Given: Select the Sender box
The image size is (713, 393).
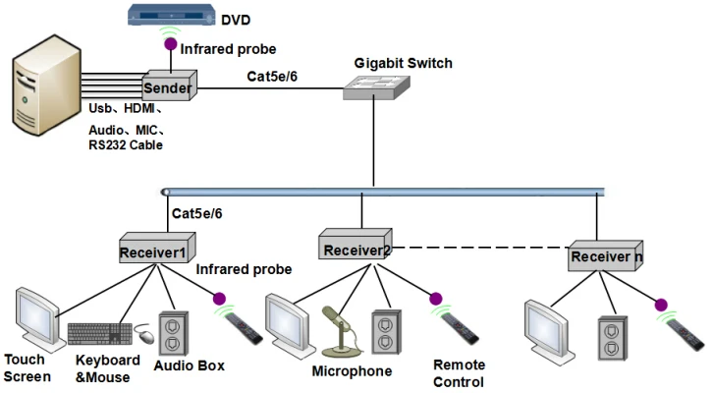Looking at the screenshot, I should (x=168, y=86).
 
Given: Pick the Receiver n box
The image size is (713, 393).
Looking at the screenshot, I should (x=605, y=256).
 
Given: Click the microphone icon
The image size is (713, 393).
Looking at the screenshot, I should (x=337, y=329).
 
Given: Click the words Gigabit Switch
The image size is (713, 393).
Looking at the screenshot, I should (x=404, y=63).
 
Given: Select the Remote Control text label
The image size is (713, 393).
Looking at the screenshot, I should (x=460, y=372).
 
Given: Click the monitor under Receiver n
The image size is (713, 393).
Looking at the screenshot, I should (x=550, y=331).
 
